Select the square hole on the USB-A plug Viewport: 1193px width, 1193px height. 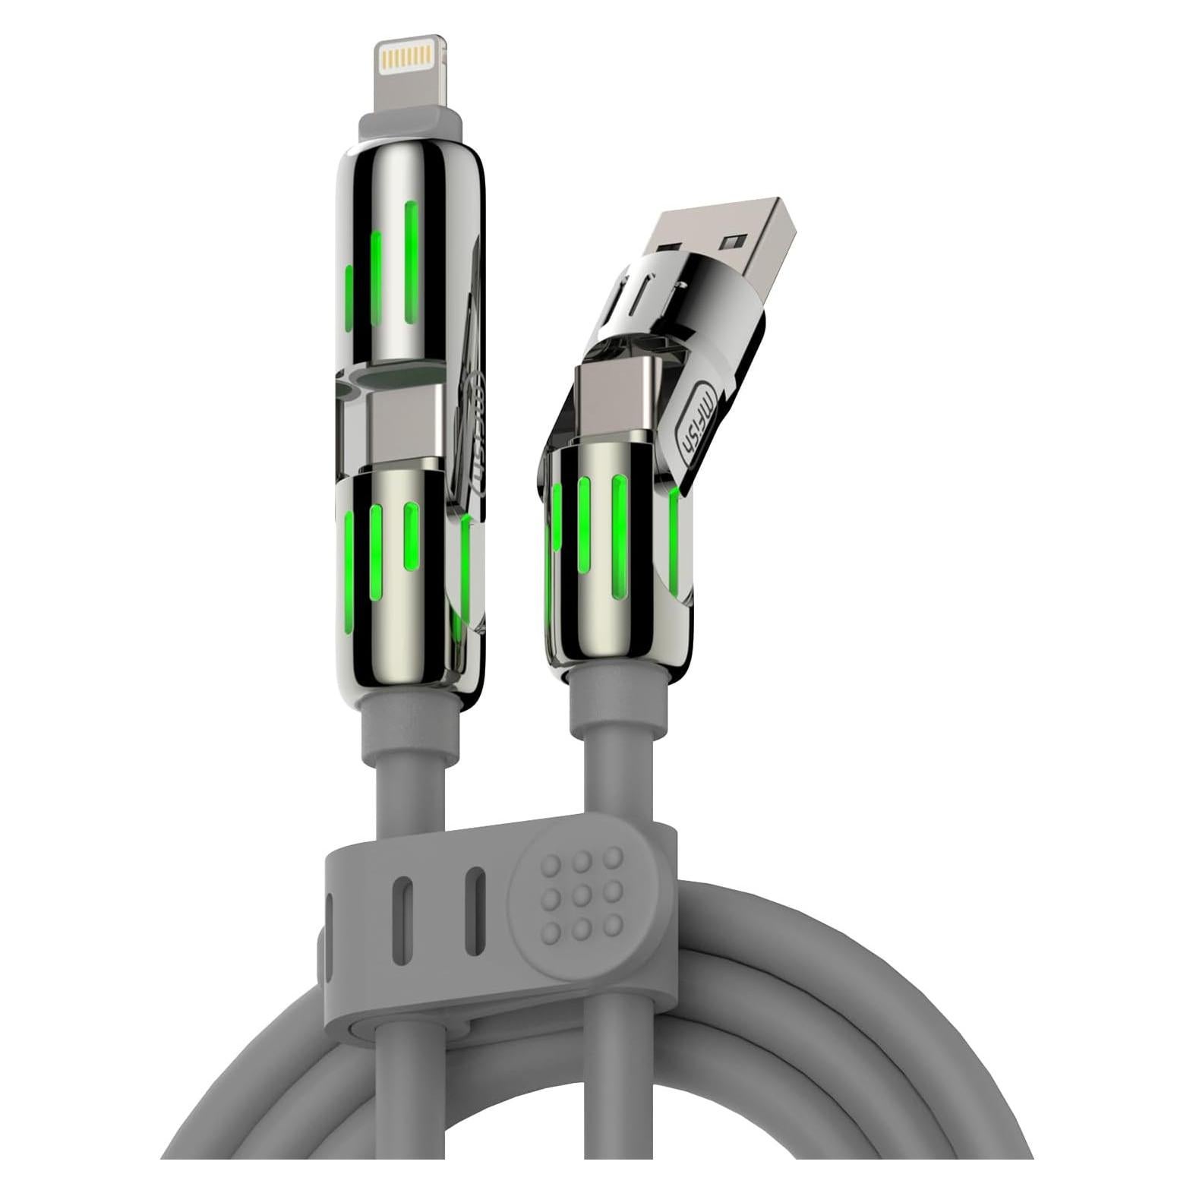click(x=732, y=243)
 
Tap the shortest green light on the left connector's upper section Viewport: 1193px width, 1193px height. click(x=349, y=298)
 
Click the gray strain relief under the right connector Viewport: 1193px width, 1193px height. click(x=617, y=706)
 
